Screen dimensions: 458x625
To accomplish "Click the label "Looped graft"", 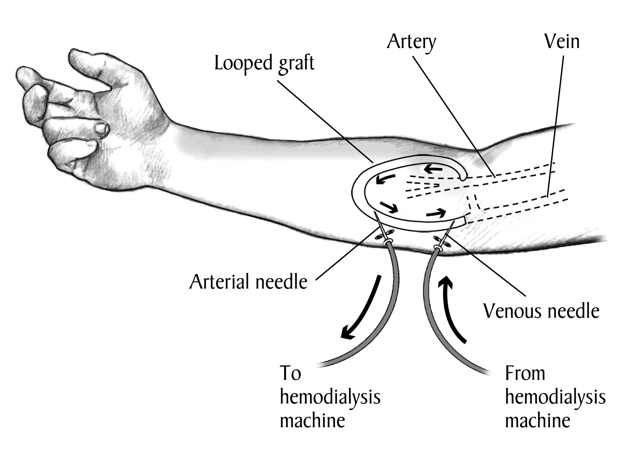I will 264,64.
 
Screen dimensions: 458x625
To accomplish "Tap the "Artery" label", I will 411,42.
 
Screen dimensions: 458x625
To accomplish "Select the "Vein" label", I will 562,42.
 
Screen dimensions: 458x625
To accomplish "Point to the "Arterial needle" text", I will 248,282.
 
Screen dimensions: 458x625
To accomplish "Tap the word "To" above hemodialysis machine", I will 290,373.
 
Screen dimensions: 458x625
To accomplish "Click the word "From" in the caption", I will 525,373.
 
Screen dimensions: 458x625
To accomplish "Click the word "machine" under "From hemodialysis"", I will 537,421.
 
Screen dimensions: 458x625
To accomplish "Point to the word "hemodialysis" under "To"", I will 330,397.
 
